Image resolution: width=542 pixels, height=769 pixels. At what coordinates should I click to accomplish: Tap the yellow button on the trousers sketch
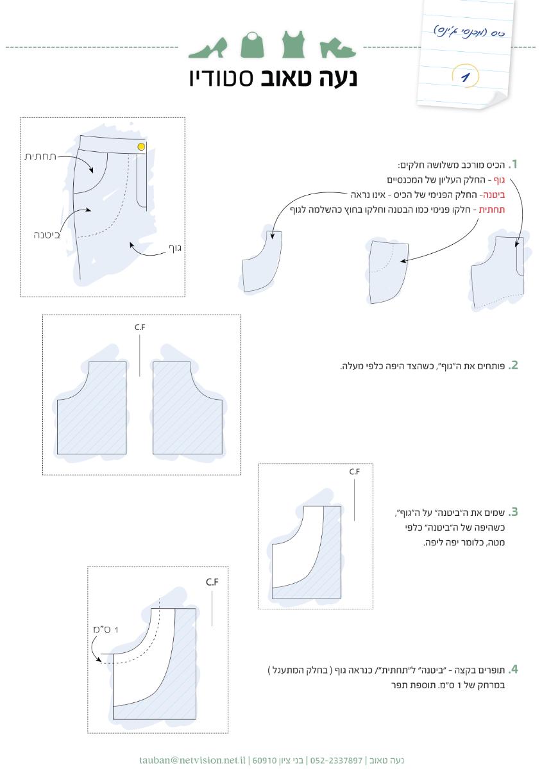coord(141,147)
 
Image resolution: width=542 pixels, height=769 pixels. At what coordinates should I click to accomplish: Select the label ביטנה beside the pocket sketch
coord(47,235)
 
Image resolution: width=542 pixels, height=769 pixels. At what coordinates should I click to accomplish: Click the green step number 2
coord(512,366)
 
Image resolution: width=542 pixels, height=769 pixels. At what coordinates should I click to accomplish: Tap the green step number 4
coord(512,670)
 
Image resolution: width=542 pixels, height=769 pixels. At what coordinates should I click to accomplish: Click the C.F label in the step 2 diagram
coord(140,327)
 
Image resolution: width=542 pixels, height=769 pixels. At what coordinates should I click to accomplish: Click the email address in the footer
coord(192,760)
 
